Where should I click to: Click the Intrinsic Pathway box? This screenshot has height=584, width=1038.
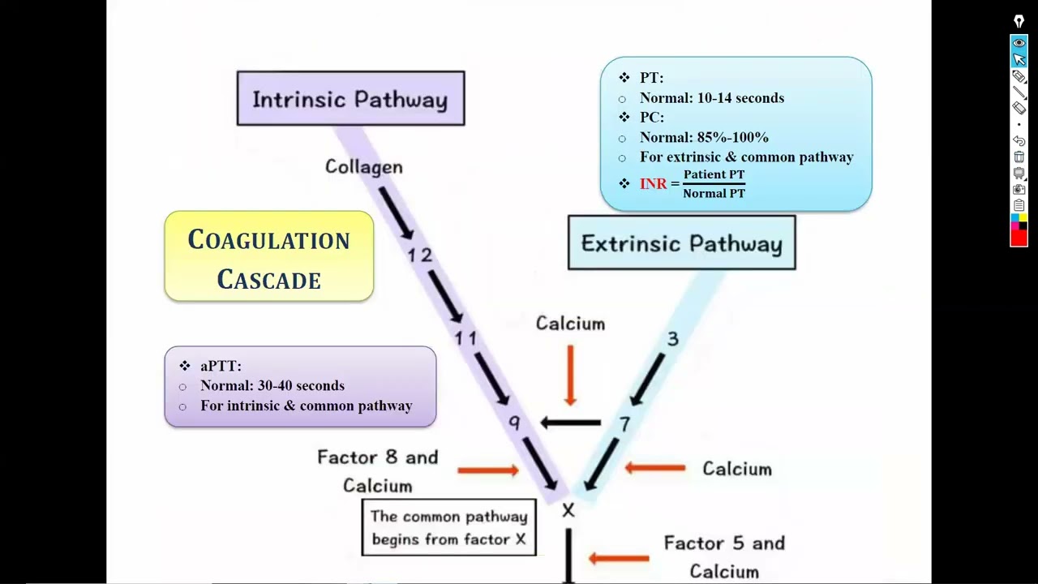tap(350, 99)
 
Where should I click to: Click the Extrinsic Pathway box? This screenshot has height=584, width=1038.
tap(681, 243)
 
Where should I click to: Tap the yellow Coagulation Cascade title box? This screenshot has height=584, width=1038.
tap(268, 258)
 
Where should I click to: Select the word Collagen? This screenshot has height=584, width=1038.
tap(363, 166)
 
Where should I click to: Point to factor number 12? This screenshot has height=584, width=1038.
tap(419, 255)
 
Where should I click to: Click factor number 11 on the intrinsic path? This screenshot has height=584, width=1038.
tap(465, 337)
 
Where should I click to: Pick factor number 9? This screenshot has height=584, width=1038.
tap(514, 423)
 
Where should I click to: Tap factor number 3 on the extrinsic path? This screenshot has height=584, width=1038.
tap(672, 339)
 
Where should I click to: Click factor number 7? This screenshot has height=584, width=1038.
tap(624, 423)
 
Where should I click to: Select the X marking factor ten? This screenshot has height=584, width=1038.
tap(568, 510)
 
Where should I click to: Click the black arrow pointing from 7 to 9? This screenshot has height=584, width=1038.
tap(570, 423)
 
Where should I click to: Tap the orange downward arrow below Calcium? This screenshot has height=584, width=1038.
tap(570, 375)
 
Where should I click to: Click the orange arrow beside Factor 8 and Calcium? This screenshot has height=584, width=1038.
tap(487, 470)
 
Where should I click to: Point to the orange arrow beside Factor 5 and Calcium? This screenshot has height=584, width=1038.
tap(619, 558)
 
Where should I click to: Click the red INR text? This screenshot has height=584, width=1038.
tap(653, 184)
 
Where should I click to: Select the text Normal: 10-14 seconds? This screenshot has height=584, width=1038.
tap(711, 98)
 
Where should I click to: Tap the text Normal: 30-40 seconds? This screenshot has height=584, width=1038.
tap(272, 386)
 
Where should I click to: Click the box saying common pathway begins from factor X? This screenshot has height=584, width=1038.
tap(448, 527)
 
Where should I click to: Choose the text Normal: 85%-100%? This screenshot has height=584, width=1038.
tap(704, 137)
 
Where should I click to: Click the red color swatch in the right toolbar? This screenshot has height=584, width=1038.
tap(1019, 238)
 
